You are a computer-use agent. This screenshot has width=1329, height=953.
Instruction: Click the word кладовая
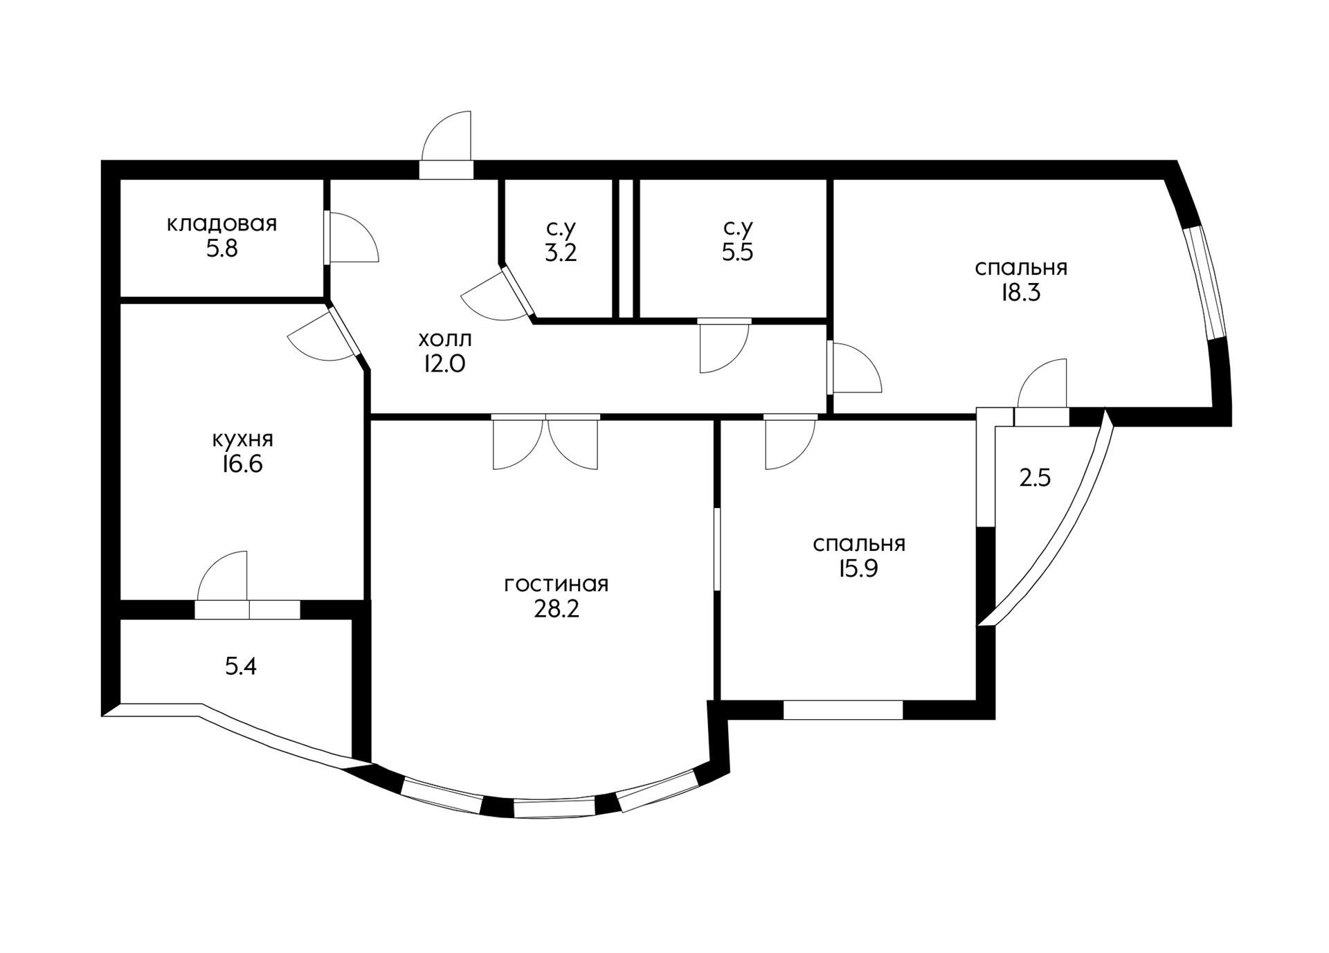(221, 224)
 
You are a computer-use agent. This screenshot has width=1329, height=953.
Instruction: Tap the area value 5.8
(221, 248)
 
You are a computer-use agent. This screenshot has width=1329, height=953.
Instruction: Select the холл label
(445, 339)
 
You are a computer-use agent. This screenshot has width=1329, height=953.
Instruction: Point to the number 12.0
(445, 364)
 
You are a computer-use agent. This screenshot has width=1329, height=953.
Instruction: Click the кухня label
(242, 439)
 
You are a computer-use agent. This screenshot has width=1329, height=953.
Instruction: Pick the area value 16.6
(242, 464)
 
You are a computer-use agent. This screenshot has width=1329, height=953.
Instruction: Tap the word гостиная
(557, 585)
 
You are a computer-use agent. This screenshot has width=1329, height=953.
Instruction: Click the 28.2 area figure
(557, 609)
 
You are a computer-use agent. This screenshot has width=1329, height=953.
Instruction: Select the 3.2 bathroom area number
(561, 253)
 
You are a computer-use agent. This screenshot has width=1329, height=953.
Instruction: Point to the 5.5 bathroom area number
(738, 253)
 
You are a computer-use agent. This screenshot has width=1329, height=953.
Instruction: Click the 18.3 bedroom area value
(1021, 293)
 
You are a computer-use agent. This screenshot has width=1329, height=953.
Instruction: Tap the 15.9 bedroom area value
(859, 569)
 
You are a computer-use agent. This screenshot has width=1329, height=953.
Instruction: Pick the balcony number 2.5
(1036, 478)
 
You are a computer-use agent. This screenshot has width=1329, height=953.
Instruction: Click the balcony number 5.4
(241, 666)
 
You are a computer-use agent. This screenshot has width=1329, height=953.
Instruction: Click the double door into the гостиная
(545, 443)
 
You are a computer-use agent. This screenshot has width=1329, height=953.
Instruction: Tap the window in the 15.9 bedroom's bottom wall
(843, 710)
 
